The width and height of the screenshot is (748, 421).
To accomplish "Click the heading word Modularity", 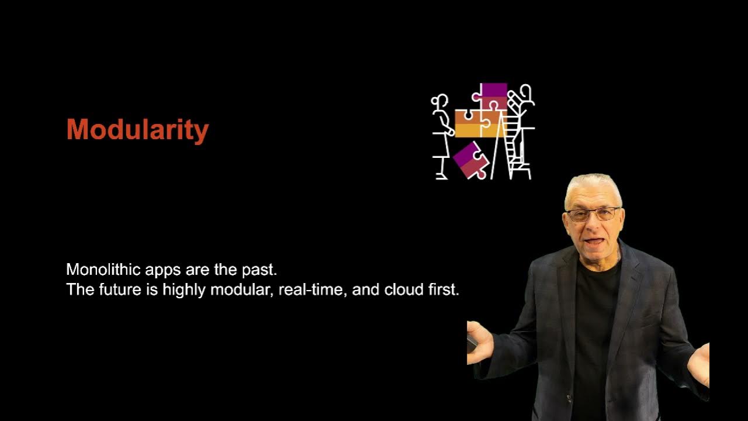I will click(137, 130).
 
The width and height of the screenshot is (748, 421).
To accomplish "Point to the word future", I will click(122, 289).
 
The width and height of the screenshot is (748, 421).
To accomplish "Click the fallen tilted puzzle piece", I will click(470, 160).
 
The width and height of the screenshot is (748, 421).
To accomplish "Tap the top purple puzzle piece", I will click(494, 94).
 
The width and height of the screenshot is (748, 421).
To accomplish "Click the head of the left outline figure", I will click(440, 102).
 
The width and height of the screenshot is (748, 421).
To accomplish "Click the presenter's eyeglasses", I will click(593, 214).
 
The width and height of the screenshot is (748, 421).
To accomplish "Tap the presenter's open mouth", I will click(594, 240).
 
